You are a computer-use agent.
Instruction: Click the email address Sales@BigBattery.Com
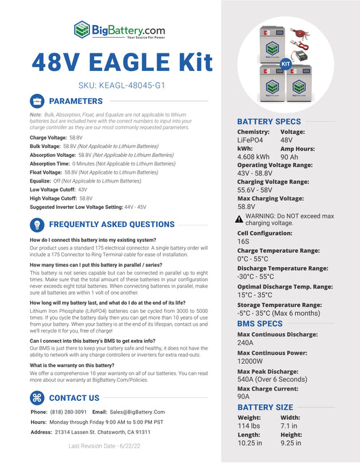137,412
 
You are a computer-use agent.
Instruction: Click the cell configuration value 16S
243,241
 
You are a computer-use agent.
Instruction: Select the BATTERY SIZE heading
265,407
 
